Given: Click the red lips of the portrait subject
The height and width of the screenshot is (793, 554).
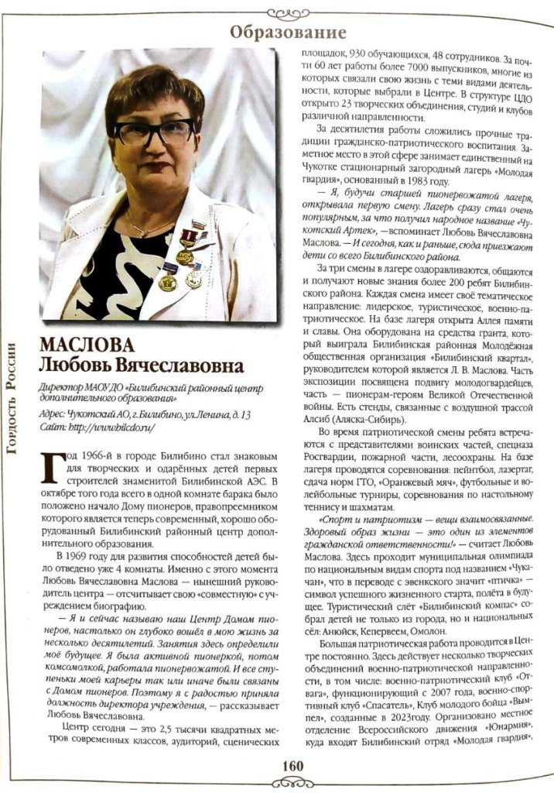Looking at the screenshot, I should [158, 166].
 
